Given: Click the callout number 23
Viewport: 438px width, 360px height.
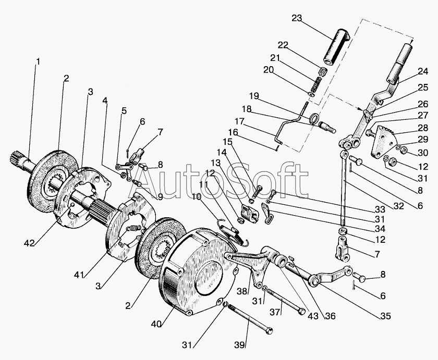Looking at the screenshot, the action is coord(297,18).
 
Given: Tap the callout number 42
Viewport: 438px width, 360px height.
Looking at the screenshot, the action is coord(29,243).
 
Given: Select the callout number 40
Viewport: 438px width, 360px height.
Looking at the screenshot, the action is coord(156,324).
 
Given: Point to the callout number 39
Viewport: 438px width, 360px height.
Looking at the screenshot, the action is coord(240,345).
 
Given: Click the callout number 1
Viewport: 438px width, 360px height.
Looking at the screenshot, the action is coord(38,61).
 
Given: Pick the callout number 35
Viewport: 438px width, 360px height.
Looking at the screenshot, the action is coord(385,316).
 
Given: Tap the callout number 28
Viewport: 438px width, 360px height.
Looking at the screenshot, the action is coord(423,128).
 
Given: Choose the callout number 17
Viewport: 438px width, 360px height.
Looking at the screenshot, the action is coord(239,122).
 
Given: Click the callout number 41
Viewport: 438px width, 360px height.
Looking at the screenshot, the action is coord(79,275).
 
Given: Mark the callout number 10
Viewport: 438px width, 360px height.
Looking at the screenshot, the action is coord(197,197).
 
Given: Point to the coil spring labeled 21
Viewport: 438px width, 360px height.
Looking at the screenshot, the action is coord(315,84).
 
